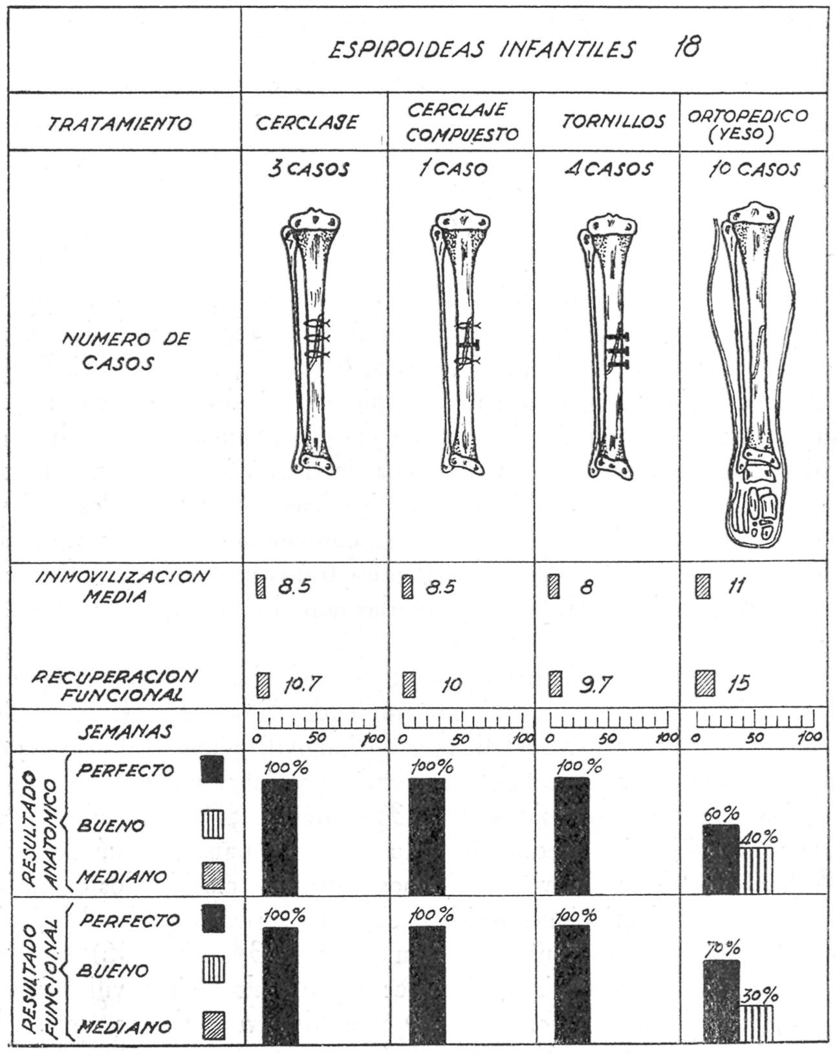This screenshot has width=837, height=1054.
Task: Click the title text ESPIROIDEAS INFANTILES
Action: [481, 50]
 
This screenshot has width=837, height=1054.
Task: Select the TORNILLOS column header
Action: [613, 122]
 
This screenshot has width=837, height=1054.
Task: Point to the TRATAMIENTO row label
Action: [120, 123]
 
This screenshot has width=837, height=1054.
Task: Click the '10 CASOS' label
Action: [752, 170]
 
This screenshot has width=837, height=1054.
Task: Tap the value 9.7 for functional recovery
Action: [594, 685]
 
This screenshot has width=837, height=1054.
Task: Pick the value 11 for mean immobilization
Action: [735, 586]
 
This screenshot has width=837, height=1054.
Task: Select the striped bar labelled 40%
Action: [756, 870]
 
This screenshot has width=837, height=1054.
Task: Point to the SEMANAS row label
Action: [125, 731]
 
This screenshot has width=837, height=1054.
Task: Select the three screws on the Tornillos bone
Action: [619, 350]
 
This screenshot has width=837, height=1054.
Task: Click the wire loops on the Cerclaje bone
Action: [316, 338]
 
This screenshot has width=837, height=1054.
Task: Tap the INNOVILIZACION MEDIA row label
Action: [122, 586]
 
